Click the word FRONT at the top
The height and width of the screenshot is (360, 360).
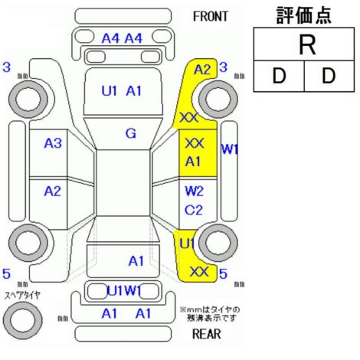click(x=211, y=17)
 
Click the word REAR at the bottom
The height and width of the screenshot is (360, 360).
click(x=207, y=333)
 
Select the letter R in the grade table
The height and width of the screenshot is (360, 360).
click(x=307, y=44)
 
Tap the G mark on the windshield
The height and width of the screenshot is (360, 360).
click(x=131, y=133)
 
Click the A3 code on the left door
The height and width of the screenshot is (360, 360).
click(x=53, y=143)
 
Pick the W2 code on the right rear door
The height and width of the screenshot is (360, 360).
click(x=194, y=191)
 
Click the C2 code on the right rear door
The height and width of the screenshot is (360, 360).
click(x=194, y=210)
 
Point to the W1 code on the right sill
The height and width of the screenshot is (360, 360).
click(x=230, y=149)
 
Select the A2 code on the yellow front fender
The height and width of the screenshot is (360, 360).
click(x=202, y=70)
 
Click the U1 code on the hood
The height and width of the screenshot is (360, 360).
click(x=110, y=91)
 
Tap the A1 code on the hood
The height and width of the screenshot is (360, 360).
click(x=134, y=91)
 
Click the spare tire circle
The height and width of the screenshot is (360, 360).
click(x=23, y=320)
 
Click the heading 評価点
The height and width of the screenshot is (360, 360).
click(x=304, y=15)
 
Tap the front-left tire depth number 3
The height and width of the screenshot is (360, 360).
click(x=7, y=67)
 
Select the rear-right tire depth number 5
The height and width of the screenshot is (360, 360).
click(x=223, y=274)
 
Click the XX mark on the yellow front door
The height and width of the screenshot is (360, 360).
click(x=195, y=143)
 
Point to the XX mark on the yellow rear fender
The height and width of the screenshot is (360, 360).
click(x=199, y=272)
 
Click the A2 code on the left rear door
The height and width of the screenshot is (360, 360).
click(x=53, y=191)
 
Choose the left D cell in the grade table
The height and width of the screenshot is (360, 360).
click(x=279, y=76)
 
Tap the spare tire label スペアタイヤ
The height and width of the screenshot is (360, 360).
click(x=23, y=296)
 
